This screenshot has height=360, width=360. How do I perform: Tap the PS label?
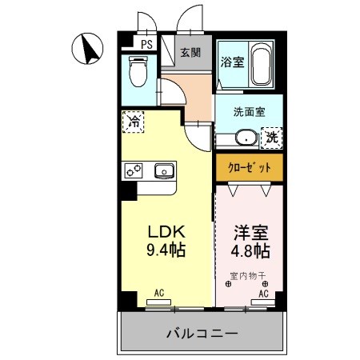147,45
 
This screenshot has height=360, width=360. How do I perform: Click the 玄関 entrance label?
190,53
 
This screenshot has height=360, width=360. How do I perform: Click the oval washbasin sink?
246,138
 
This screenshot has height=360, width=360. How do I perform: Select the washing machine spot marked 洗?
273,137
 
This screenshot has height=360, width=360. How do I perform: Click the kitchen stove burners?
133,170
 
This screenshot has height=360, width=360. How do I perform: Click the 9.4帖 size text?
166,250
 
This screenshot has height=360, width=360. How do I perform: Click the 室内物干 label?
247,277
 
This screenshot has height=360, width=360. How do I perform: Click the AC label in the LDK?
158,294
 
